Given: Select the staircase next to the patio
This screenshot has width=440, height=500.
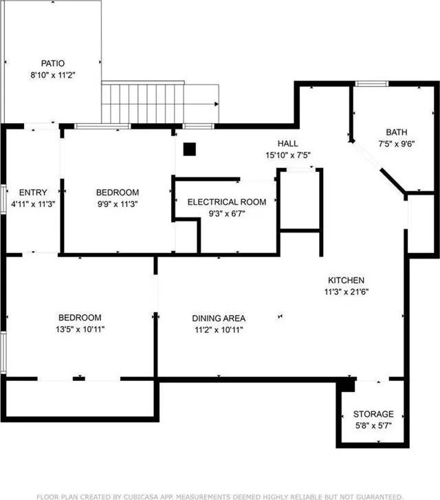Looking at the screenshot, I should (160, 103).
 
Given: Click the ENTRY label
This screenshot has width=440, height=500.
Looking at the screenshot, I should (33, 193).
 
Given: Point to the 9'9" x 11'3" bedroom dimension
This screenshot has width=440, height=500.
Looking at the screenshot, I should (118, 204).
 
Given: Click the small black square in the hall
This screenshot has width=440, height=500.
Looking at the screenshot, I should (190, 148).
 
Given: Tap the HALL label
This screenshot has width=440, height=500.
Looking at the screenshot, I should (287, 144).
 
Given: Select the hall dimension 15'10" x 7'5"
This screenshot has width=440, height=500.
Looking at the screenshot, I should (287, 155).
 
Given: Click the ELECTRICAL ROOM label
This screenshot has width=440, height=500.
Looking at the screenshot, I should (227, 202).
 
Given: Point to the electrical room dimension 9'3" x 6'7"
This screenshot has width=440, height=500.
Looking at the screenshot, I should (227, 214).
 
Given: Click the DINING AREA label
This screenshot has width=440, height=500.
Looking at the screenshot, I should (218, 318).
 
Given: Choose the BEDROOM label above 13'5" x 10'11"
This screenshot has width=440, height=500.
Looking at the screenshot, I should (80, 318).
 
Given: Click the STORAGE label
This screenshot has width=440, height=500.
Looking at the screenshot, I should (373, 414).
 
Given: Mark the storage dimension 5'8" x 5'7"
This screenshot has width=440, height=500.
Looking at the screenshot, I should (373, 426).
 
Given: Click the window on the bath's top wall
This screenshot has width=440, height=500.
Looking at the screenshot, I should (371, 84).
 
